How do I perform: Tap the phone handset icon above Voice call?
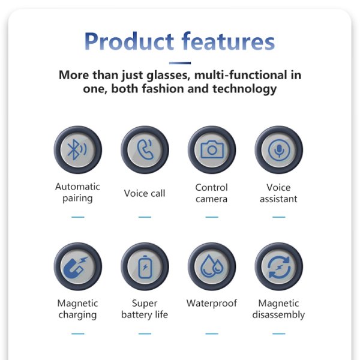point(145,149)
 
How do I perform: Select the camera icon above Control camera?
point(212,149)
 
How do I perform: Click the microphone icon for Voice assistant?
point(279,150)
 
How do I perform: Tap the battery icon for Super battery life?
point(145,267)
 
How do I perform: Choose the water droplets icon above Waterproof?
point(211,266)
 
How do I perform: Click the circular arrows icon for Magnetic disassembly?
point(279,267)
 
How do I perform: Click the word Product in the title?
point(129,41)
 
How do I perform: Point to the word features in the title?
point(229,41)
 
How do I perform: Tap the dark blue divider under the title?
point(180,63)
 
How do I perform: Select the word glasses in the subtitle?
point(168,76)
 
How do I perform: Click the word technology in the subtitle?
point(245,89)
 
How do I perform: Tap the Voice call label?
point(145,193)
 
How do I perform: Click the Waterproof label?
point(212,303)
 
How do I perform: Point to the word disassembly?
point(278,314)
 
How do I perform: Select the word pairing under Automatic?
point(77,199)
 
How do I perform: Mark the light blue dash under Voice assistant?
point(279,217)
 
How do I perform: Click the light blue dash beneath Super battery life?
point(145,334)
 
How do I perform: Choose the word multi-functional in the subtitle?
point(241,75)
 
